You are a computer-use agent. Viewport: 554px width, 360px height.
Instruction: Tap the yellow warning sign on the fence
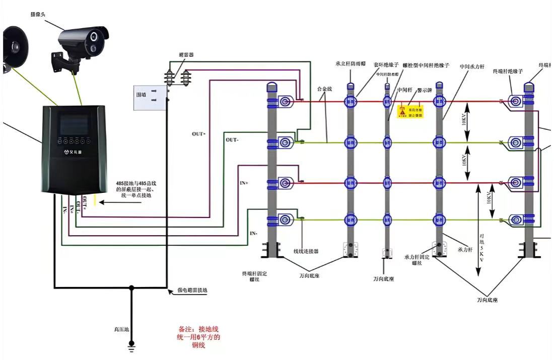411,111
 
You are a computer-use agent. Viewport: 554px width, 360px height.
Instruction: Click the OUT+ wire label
198,134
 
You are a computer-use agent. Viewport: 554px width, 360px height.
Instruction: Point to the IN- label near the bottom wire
254,233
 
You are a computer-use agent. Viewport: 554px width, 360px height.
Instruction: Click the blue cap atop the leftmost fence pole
271,85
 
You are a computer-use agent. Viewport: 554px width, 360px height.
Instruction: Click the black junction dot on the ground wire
132,288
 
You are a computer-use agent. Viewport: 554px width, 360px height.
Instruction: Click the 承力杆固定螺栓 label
415,259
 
